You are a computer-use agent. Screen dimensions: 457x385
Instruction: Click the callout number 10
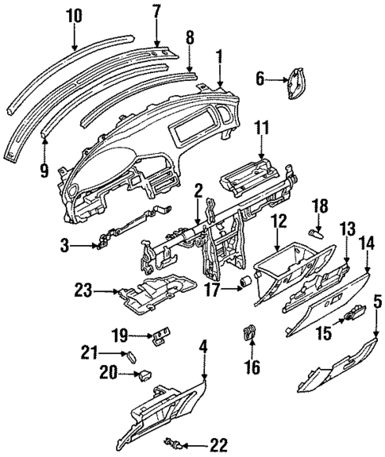74,15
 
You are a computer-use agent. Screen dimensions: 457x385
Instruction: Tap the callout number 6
260,79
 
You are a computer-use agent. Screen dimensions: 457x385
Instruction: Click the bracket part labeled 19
164,336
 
